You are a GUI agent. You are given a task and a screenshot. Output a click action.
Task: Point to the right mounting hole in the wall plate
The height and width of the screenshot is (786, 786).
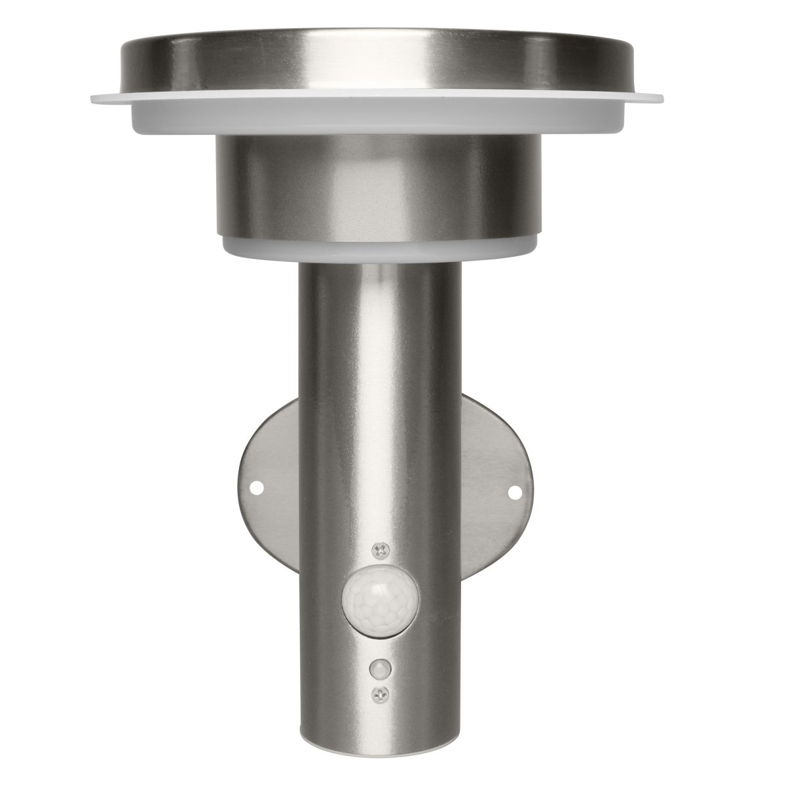[515, 491]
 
